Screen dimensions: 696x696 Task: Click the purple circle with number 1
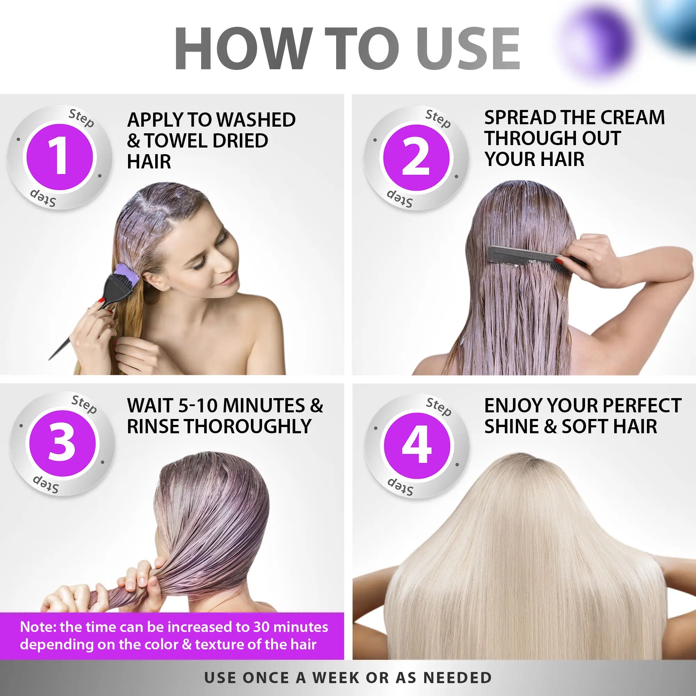(x=60, y=157)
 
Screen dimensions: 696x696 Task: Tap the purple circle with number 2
(x=416, y=157)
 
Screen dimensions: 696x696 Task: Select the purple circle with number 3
(x=63, y=443)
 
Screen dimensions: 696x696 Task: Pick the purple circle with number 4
(x=417, y=446)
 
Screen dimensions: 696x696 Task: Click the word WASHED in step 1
(x=256, y=120)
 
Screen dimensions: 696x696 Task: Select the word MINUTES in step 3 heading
(x=264, y=406)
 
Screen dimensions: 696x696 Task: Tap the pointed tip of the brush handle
(x=49, y=359)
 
